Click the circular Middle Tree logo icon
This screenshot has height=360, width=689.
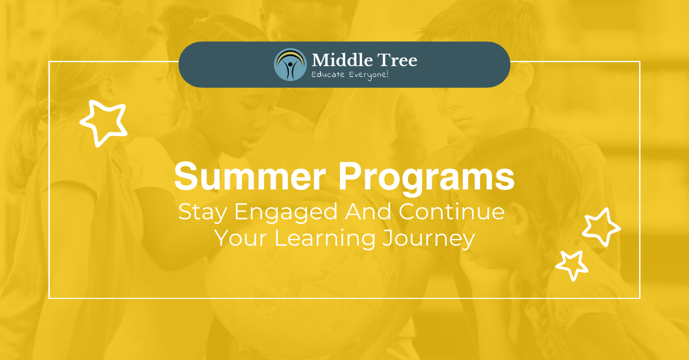[x=291, y=64]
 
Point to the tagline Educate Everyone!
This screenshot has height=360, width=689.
[x=350, y=75]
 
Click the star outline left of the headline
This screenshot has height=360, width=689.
[x=103, y=121]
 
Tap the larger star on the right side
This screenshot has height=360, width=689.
[x=601, y=227]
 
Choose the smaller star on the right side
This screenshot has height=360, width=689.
[x=571, y=265]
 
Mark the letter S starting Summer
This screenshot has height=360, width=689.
[x=184, y=177]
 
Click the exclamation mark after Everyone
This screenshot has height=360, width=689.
[x=388, y=75]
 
